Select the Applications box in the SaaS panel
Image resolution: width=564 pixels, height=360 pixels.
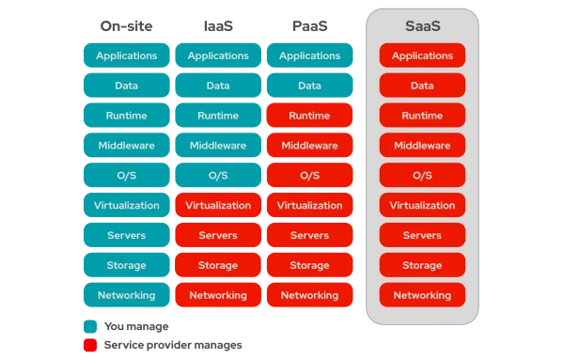click(x=422, y=55)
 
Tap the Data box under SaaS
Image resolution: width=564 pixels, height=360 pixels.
click(x=422, y=86)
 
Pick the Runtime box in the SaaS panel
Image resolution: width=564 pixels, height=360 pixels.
click(x=422, y=116)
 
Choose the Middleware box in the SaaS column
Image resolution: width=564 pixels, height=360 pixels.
click(x=422, y=146)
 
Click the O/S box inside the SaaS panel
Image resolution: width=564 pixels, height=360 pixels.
click(x=422, y=176)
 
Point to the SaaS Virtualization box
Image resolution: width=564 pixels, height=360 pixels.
click(x=422, y=205)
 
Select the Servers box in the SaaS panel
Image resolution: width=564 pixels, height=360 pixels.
click(x=422, y=235)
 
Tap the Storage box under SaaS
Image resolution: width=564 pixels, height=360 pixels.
click(x=422, y=265)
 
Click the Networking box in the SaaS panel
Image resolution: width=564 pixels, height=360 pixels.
click(x=422, y=295)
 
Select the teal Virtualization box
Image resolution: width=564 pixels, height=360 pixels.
click(x=126, y=205)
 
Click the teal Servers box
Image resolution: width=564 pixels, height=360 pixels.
click(x=126, y=235)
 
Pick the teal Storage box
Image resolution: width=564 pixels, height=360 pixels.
click(x=126, y=265)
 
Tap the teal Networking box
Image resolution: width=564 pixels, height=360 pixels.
click(x=126, y=295)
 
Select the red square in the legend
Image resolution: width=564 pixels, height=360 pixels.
click(x=90, y=345)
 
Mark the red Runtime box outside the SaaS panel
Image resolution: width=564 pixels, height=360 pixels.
click(x=309, y=116)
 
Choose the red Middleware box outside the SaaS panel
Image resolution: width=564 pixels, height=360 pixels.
click(x=309, y=146)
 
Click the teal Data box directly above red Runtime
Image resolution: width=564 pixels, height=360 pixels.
click(x=309, y=86)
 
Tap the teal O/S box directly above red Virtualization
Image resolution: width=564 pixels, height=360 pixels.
click(x=218, y=176)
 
